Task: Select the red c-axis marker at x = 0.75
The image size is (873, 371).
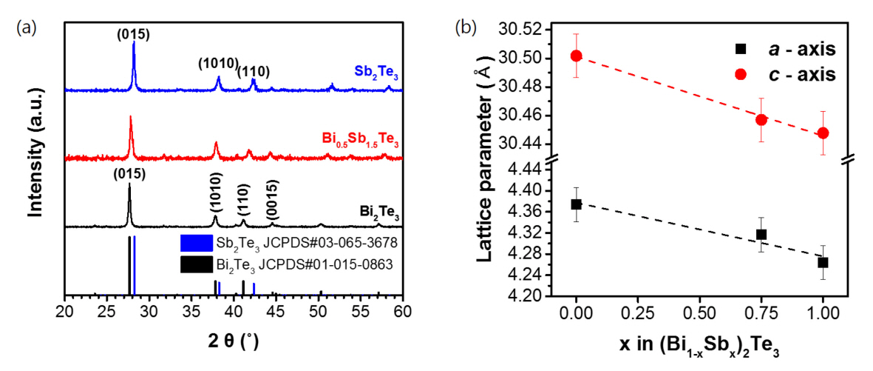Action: coord(761,119)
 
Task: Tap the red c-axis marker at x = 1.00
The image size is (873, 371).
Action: coord(823,133)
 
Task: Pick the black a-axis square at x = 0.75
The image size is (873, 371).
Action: coord(761,234)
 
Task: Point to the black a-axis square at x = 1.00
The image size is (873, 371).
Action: coord(823,262)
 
